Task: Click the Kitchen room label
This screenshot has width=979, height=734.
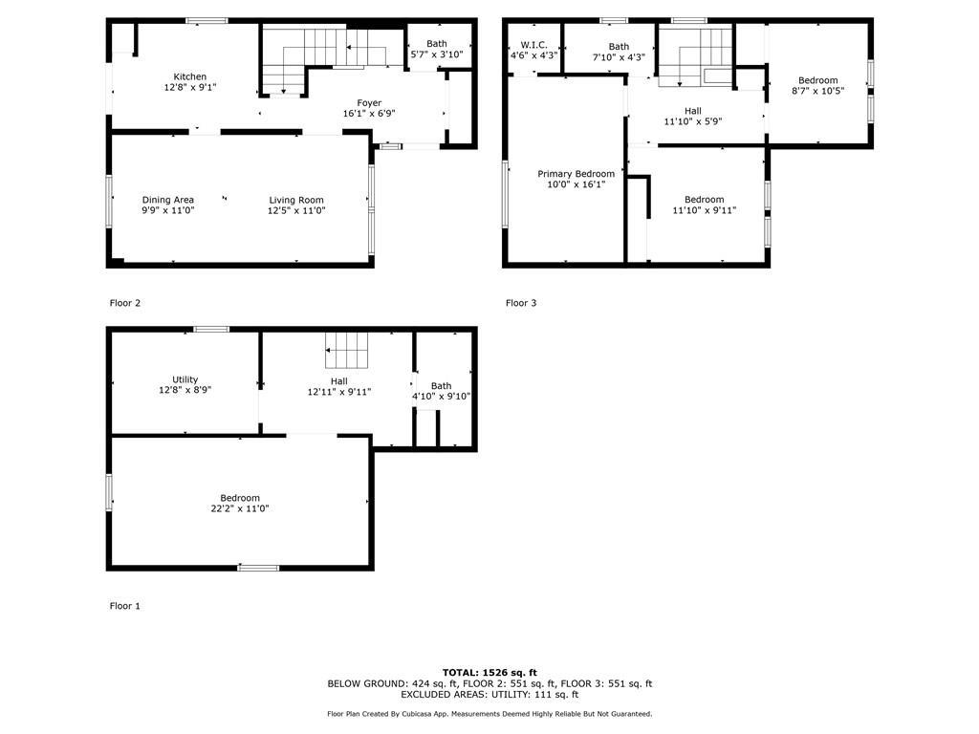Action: coord(189,77)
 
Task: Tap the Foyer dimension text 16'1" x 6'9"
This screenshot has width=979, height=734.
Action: coord(369,114)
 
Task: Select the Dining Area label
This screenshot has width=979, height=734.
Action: coord(168,200)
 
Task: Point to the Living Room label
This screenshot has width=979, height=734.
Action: coord(296,200)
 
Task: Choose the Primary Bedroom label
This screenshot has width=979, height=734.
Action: coord(576,174)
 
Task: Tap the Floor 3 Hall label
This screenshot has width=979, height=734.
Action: coord(692,111)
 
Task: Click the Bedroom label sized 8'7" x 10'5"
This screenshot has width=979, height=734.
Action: coord(817,80)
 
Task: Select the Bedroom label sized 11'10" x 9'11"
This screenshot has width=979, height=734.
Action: coord(704,200)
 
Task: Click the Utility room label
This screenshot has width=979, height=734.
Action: coord(185,379)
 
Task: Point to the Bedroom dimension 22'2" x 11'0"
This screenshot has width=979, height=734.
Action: coord(240,509)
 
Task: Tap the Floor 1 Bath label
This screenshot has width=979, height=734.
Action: coord(441,386)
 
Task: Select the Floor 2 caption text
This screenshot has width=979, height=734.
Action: coord(125,303)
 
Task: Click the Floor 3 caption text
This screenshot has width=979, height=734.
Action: coord(521,303)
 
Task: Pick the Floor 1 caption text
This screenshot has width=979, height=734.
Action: coord(125,606)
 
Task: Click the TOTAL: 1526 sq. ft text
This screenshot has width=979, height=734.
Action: coord(489,673)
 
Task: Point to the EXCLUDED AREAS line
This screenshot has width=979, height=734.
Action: coord(489,695)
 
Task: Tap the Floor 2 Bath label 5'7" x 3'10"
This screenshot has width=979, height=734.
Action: coord(436,44)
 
